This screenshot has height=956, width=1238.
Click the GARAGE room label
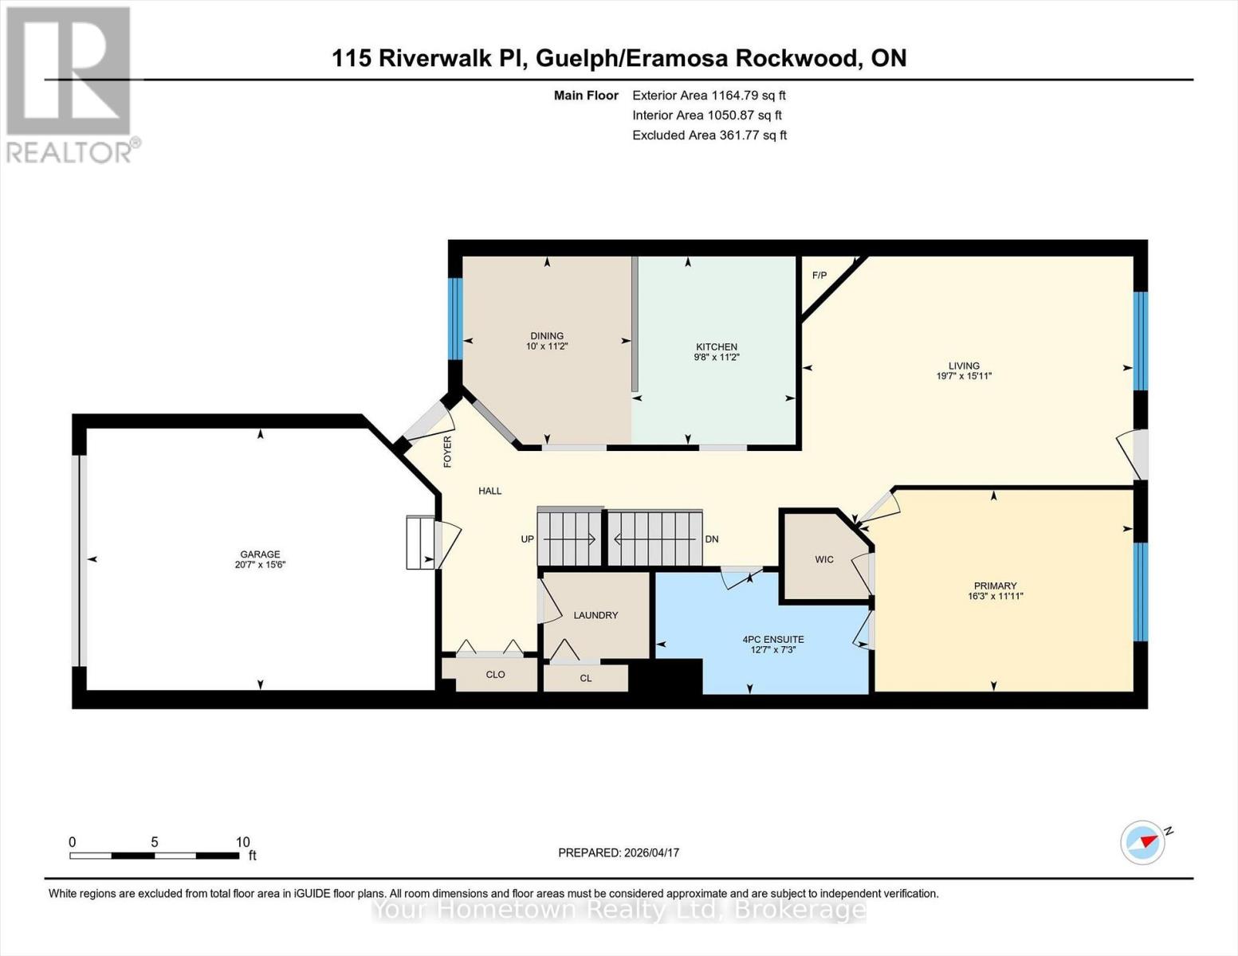(260, 554)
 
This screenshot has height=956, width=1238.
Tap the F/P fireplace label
(819, 276)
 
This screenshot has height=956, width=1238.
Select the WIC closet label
(824, 559)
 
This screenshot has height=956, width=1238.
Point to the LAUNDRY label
(595, 615)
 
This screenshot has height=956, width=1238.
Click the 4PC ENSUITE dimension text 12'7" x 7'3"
(772, 650)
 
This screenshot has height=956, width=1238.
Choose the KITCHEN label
(716, 347)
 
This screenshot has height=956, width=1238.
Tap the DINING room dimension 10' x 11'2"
(547, 347)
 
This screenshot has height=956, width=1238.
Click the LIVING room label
(964, 366)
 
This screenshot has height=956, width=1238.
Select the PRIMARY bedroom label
(995, 586)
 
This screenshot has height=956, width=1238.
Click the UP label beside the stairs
(527, 539)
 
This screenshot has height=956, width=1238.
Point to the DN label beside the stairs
(712, 539)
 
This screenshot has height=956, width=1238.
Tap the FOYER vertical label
(447, 451)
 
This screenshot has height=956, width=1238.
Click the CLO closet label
(495, 675)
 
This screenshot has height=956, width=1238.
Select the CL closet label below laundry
(586, 679)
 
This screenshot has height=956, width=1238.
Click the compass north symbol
(1143, 842)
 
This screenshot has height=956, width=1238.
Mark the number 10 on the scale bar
(242, 842)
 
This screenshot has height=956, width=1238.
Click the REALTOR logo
(70, 84)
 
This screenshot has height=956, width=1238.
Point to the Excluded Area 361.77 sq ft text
(709, 135)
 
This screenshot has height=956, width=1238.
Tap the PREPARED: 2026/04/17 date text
(619, 852)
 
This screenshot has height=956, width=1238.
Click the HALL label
(489, 491)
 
